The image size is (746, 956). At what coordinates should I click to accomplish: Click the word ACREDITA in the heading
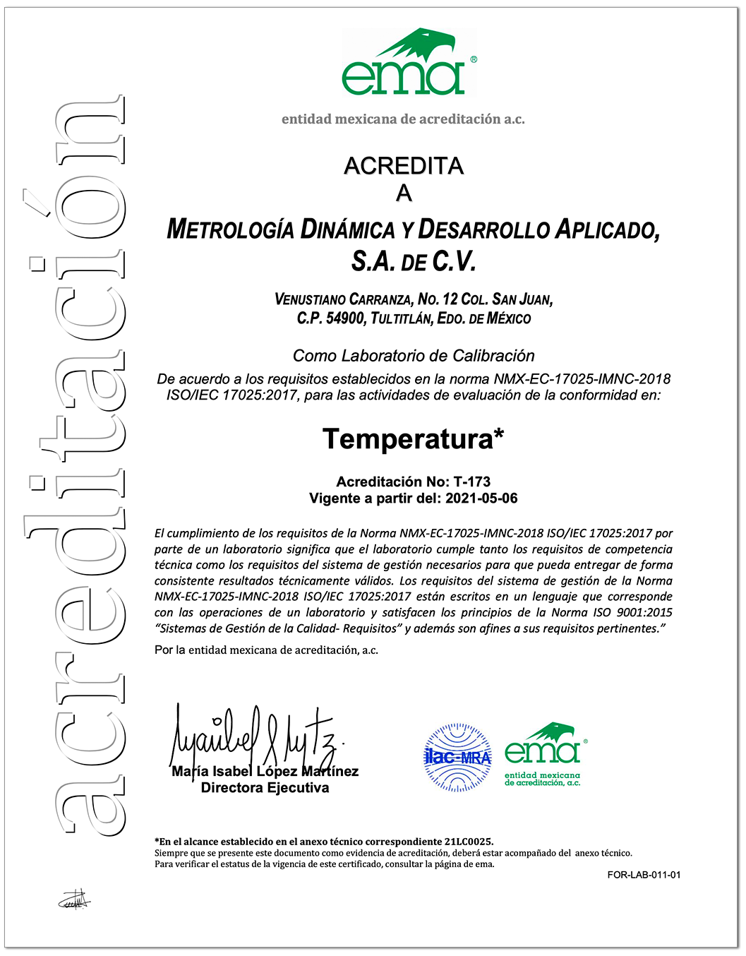(404, 166)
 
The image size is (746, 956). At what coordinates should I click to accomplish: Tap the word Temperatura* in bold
(414, 439)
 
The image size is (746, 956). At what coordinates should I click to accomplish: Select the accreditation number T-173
(472, 482)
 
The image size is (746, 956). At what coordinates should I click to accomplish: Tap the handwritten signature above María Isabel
(254, 734)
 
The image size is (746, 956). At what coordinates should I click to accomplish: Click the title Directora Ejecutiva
(265, 788)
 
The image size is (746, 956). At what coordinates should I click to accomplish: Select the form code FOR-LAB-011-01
(644, 875)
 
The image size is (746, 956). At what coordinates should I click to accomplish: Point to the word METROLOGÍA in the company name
(230, 229)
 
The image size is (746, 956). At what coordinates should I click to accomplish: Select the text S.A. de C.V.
(414, 262)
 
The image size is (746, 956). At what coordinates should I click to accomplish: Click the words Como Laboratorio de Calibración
(414, 356)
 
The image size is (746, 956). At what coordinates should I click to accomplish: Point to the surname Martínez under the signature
(330, 772)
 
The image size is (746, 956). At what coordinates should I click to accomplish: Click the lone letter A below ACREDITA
(404, 193)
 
